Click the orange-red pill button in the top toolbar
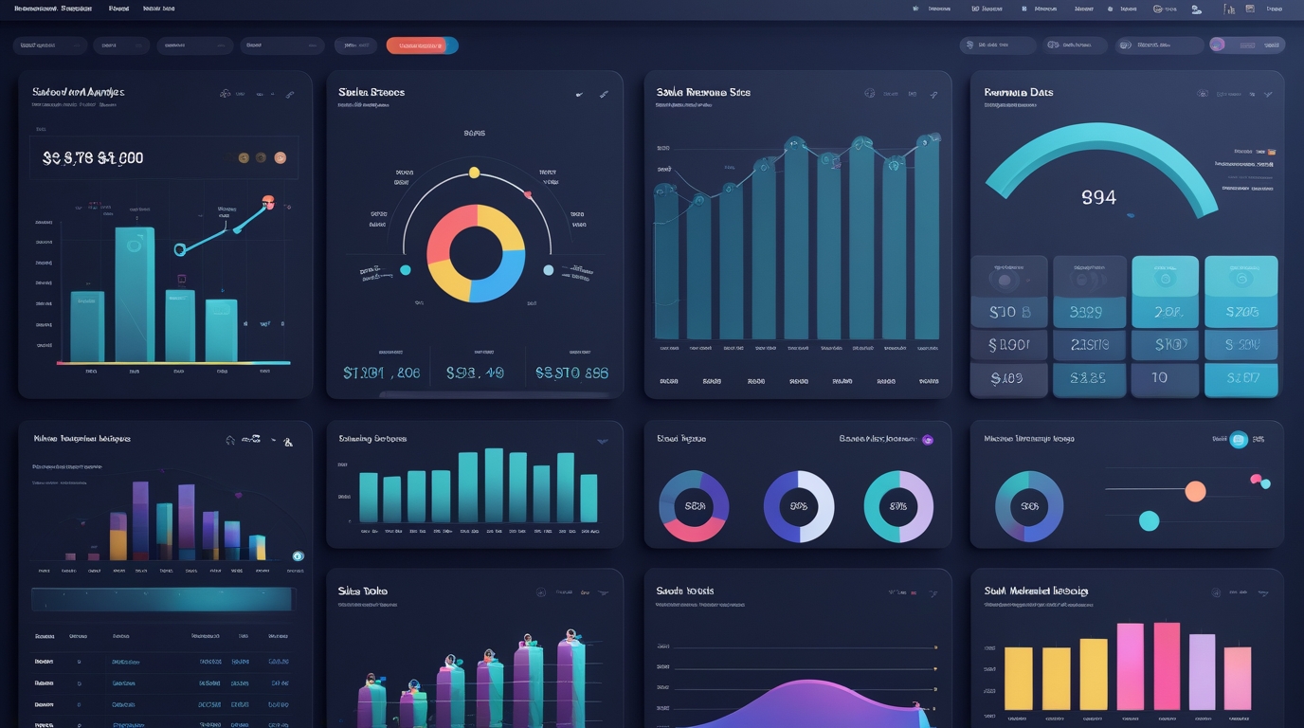(422, 45)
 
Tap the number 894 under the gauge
(1098, 197)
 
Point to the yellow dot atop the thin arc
(475, 173)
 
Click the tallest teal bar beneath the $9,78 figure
(135, 294)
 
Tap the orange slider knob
(1195, 491)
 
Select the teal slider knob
(1149, 520)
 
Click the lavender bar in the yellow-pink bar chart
(1202, 671)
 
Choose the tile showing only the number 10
(1160, 378)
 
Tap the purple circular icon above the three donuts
(928, 440)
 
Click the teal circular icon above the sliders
(1238, 439)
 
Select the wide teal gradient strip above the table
(161, 599)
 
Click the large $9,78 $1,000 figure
(93, 158)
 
